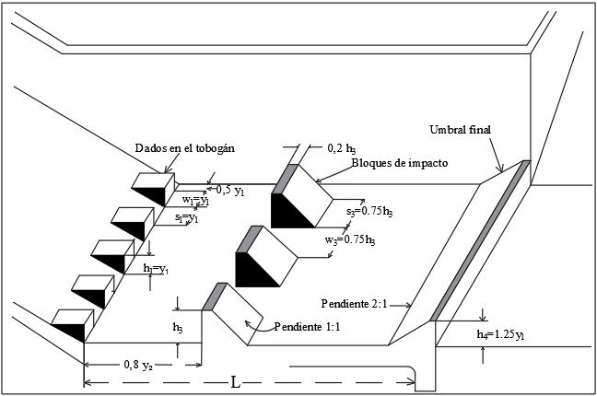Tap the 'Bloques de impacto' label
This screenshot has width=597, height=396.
(x=399, y=163)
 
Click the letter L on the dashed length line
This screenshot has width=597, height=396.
(x=236, y=381)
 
